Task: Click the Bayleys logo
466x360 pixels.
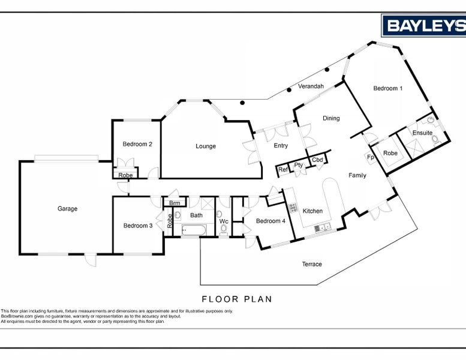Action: (423, 25)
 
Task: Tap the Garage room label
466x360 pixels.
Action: (67, 209)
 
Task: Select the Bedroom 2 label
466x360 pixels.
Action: (137, 144)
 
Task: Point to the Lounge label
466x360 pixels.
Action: (206, 146)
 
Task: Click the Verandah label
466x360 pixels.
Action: (311, 86)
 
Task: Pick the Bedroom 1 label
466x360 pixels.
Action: (388, 88)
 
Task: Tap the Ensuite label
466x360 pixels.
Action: (422, 133)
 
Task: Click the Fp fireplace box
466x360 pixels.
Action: (370, 157)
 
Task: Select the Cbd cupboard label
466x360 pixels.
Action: (317, 160)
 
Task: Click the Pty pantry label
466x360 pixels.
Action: (299, 165)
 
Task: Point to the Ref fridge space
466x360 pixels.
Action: (283, 170)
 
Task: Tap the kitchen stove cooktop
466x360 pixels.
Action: (293, 207)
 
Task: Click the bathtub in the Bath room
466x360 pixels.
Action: (194, 230)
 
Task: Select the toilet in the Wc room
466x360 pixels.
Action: (224, 229)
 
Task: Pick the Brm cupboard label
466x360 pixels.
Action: (175, 203)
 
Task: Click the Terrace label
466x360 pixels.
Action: (312, 264)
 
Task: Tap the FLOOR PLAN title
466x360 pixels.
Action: (237, 299)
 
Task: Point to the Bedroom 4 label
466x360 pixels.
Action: (270, 221)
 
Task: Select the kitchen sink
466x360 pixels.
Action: (323, 227)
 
